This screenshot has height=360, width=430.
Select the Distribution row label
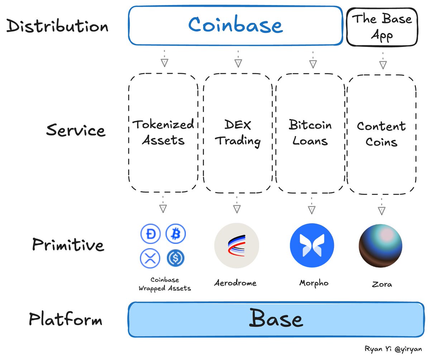pos(57,27)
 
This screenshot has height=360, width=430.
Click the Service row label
pos(76,130)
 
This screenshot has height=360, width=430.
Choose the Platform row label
pos(66,319)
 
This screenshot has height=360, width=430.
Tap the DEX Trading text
pos(238,133)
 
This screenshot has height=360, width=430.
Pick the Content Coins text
pos(381,134)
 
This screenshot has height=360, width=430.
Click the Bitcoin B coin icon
pos(176,234)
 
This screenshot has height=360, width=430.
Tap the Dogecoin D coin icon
pos(149,234)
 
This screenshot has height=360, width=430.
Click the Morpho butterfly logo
pos(312,246)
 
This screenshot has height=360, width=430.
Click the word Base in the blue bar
pos(276,319)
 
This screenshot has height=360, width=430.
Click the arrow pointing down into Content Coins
pos(383,60)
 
